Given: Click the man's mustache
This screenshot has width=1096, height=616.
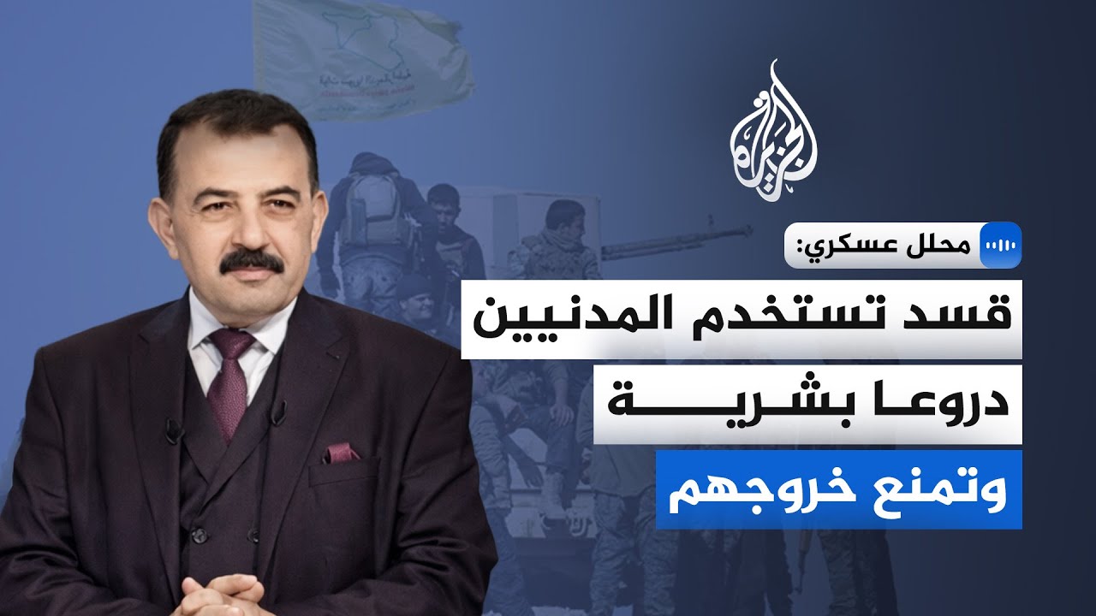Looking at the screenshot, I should (x=250, y=262).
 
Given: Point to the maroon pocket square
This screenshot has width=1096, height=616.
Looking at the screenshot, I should (x=340, y=452).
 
